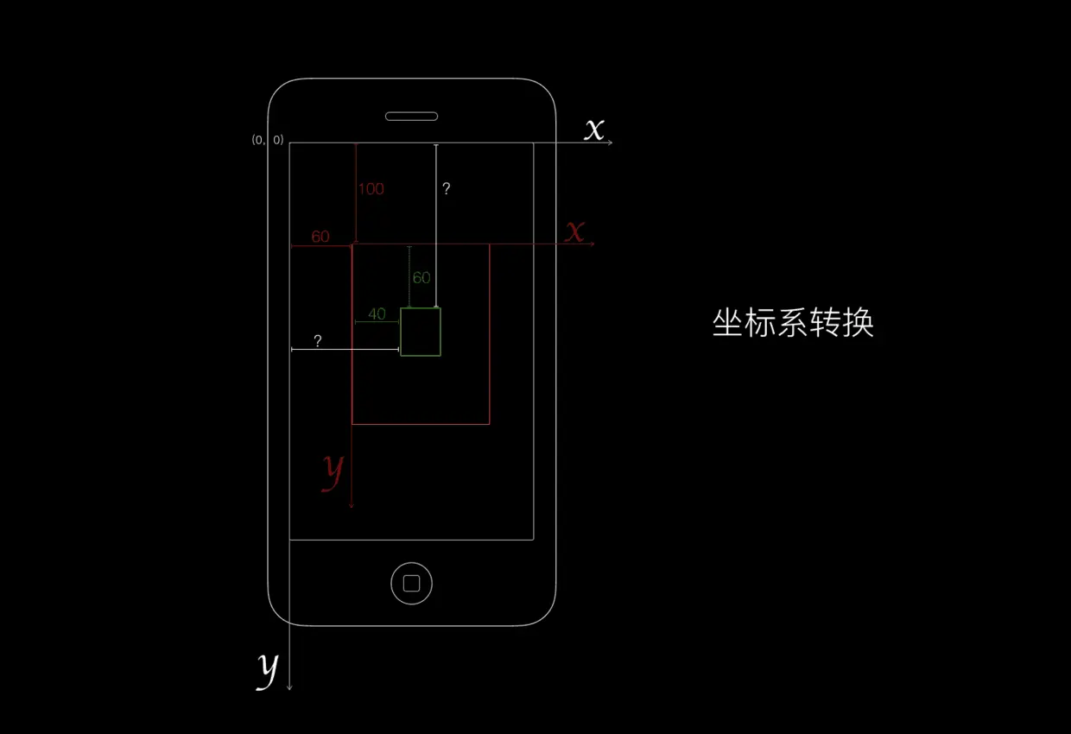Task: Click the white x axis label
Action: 594,130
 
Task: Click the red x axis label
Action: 574,231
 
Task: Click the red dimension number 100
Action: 371,189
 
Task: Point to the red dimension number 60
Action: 320,237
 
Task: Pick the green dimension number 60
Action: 421,278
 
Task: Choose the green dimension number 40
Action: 377,314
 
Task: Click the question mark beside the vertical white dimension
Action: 446,188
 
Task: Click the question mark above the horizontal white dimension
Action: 318,341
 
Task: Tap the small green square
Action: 421,332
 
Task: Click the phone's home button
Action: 411,583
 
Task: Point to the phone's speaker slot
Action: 411,116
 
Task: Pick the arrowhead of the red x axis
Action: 592,245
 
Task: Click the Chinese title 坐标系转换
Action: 793,323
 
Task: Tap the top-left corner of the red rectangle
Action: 352,245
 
